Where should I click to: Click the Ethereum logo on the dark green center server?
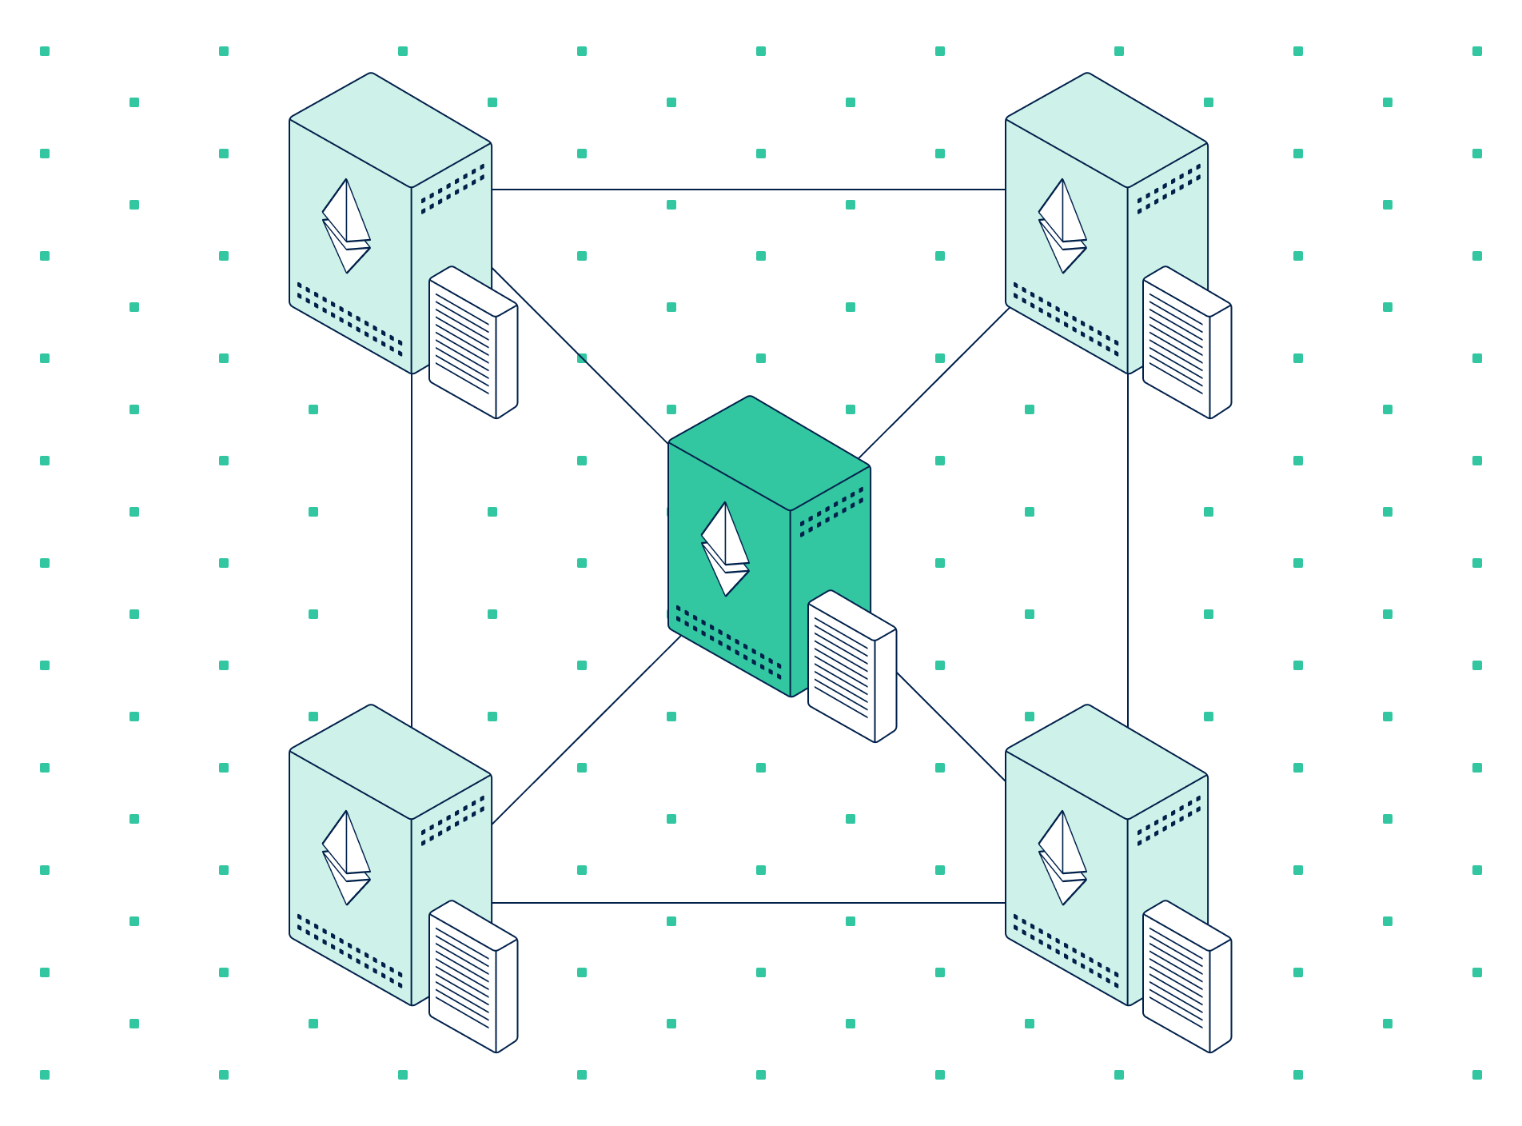[x=725, y=549]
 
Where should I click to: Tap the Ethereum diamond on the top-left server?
[x=346, y=226]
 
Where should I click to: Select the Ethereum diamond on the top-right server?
[x=1062, y=226]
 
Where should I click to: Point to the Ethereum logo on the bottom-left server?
[x=346, y=857]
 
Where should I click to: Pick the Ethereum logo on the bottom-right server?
[x=1062, y=857]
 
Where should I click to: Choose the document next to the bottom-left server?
[x=472, y=976]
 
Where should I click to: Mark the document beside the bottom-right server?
[x=1186, y=976]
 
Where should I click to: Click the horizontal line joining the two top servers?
[x=748, y=190]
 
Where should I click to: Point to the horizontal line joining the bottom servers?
[x=748, y=903]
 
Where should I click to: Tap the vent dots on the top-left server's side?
[x=452, y=189]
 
